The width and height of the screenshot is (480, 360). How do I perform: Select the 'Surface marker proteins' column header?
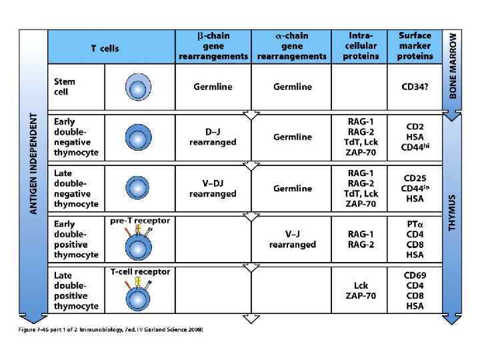coord(415,46)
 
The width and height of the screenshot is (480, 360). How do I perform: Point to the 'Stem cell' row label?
coord(65,87)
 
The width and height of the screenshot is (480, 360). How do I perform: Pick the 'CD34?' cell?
coord(415,87)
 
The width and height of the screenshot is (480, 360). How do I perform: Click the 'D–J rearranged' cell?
coord(213,137)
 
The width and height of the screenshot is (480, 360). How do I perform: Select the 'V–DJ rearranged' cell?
coord(213,189)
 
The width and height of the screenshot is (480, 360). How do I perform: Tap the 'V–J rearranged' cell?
coord(292,239)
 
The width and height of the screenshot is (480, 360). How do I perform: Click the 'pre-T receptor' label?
coord(140,221)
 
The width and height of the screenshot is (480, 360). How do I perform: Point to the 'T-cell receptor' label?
coord(140,271)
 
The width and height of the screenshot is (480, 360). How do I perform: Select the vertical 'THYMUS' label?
coord(453,213)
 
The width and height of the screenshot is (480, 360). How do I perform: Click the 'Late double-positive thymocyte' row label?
coord(76,291)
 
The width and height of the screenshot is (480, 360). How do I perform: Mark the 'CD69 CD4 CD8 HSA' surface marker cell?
coord(415,291)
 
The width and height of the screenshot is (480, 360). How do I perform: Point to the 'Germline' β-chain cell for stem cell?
coord(213,87)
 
